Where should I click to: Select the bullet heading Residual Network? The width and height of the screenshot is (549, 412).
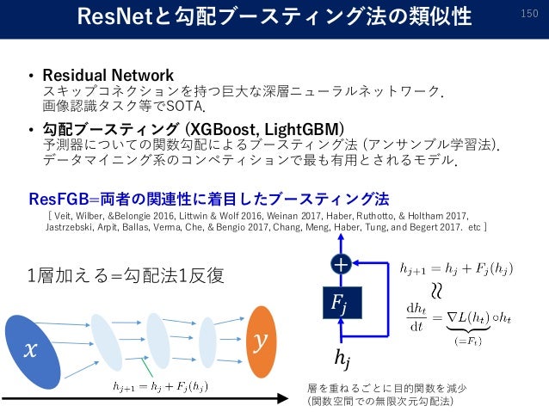point(108,75)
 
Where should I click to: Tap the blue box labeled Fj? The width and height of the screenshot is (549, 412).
point(344,302)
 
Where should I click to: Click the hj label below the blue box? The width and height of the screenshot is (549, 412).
point(343,354)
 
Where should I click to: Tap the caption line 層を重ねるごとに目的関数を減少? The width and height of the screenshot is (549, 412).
point(380,386)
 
